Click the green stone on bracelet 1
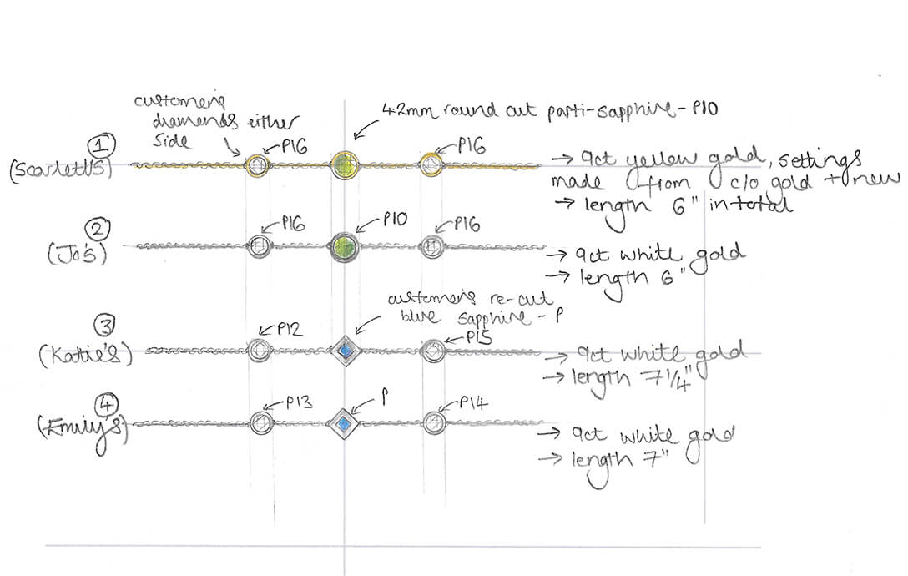click(344, 164)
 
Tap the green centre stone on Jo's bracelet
click(344, 247)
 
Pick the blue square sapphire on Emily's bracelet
click(343, 423)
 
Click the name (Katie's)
click(87, 356)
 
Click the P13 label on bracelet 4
click(298, 402)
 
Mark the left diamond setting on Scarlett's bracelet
click(257, 164)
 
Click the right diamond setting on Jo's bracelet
click(431, 246)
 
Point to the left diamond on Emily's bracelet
click(260, 423)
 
